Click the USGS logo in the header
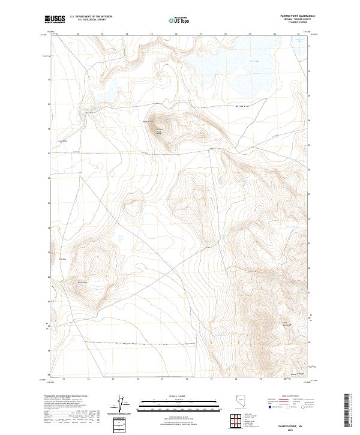[x=55, y=20]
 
